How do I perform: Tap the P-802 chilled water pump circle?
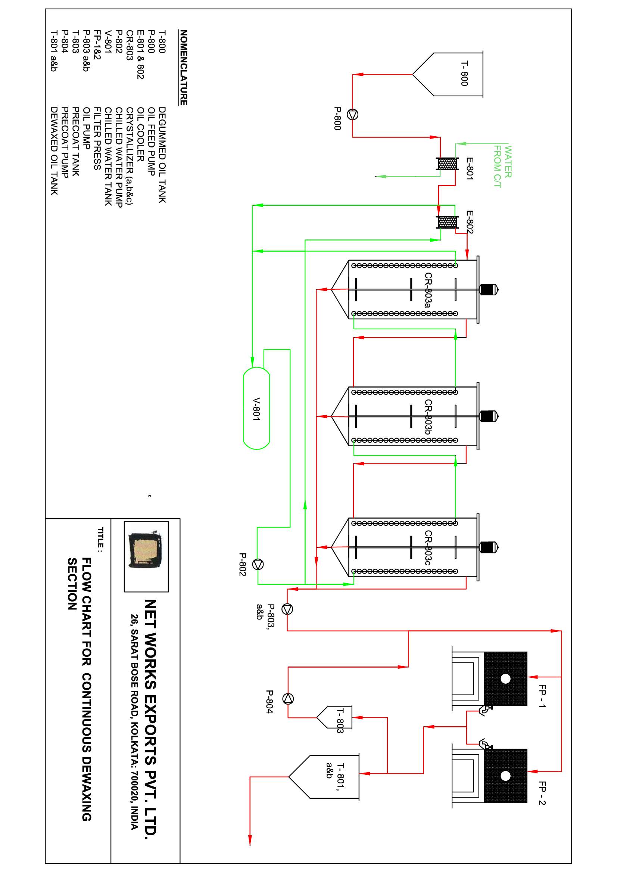point(258,565)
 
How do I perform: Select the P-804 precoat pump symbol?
point(288,699)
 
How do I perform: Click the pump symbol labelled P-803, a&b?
point(287,609)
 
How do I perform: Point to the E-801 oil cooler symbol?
point(448,164)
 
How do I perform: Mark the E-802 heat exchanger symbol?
point(448,222)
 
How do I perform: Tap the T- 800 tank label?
point(465,74)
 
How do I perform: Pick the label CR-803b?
point(428,417)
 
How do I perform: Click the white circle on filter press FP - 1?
point(506,679)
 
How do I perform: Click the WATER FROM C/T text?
point(502,167)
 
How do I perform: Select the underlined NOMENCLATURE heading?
point(184,68)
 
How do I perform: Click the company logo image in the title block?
point(146,556)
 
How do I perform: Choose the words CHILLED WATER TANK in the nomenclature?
point(108,156)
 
